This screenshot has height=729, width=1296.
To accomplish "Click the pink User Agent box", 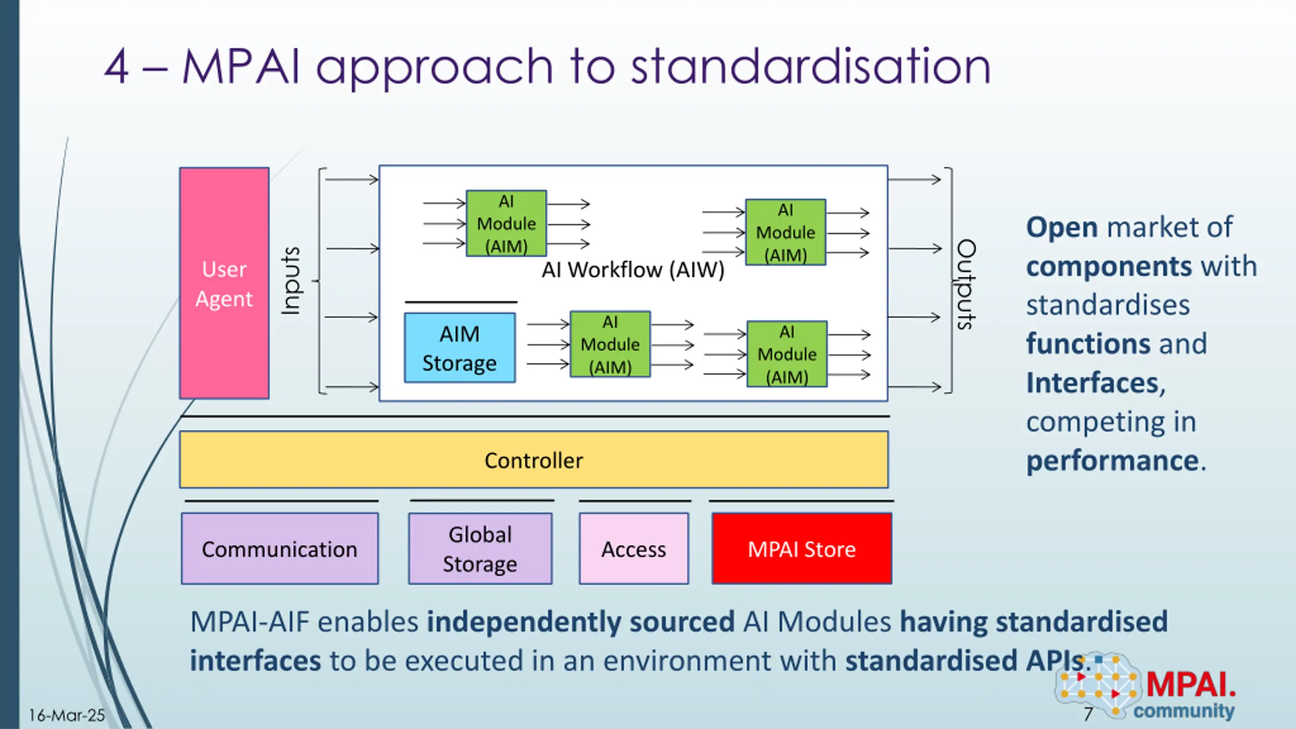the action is (x=224, y=283).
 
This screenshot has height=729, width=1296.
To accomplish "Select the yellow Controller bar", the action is (x=534, y=460).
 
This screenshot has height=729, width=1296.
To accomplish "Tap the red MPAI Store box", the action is (x=802, y=549).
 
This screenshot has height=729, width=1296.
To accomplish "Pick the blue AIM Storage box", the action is (x=460, y=348).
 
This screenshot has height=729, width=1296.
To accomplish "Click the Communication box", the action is (x=280, y=549).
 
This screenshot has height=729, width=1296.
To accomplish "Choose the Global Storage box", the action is (x=480, y=549).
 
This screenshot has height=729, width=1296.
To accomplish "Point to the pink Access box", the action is (x=634, y=549).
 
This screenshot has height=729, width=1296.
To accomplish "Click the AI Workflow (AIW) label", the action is (x=633, y=270).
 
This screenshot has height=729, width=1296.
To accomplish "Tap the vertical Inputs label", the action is (x=292, y=281).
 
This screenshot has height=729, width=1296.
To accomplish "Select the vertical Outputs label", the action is (x=966, y=285).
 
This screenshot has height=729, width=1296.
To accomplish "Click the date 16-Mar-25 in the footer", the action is (x=67, y=715).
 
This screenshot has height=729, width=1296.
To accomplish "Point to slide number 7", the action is (x=1088, y=714).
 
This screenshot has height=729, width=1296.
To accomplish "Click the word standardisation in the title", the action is (x=811, y=66).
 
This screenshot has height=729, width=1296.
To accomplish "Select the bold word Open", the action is (x=1062, y=228).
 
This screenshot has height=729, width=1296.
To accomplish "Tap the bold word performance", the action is (x=1112, y=461).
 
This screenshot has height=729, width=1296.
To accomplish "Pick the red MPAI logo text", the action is (x=1191, y=684).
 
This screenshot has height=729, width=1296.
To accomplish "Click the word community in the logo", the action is (x=1184, y=711).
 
